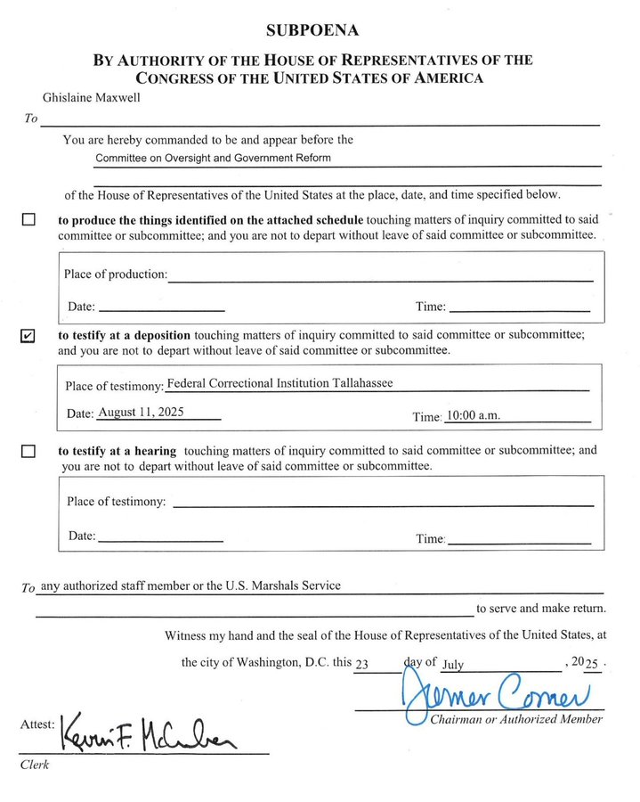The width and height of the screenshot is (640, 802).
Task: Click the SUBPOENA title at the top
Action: tap(312, 30)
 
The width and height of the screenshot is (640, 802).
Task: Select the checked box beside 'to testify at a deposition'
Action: tap(28, 336)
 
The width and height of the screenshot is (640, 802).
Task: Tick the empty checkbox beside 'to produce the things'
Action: tap(28, 219)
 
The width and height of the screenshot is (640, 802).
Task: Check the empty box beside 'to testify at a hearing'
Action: tap(28, 451)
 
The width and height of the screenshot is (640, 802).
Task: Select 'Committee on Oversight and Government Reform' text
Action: tap(213, 158)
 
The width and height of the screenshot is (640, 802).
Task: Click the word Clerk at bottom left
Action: tap(34, 765)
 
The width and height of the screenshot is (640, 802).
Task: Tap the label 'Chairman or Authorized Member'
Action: tap(516, 719)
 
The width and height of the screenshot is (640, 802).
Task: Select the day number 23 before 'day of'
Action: tap(361, 664)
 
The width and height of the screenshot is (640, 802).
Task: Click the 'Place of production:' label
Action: tap(115, 274)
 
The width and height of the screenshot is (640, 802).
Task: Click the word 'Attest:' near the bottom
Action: tap(38, 725)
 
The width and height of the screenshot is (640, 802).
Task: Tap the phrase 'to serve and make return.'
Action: tap(540, 609)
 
